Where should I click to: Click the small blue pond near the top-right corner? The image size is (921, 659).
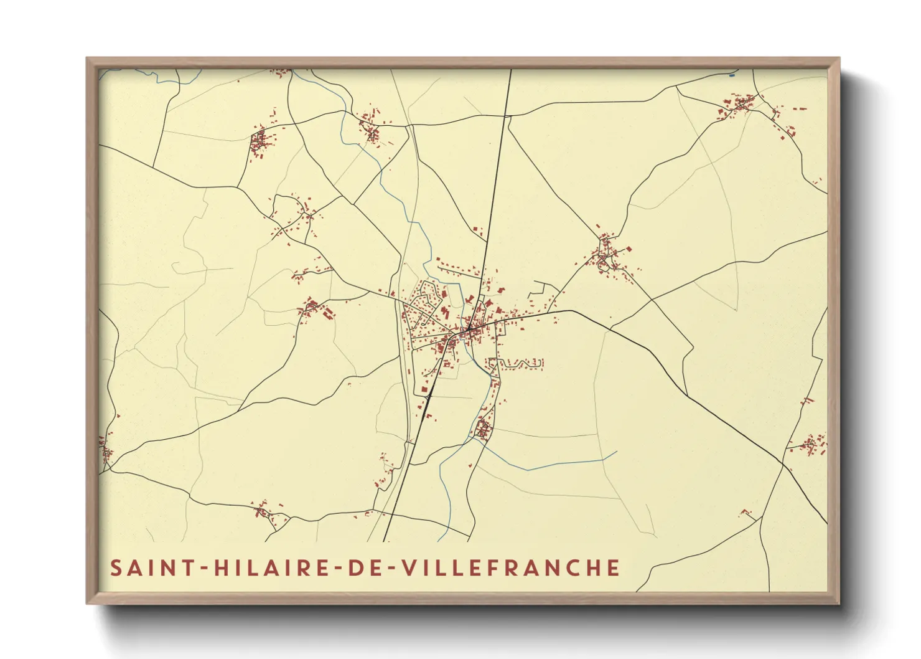tap(732, 75)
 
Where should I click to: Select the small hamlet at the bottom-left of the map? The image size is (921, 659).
tap(264, 511)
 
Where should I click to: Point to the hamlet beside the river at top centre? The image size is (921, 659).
tap(372, 128)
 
